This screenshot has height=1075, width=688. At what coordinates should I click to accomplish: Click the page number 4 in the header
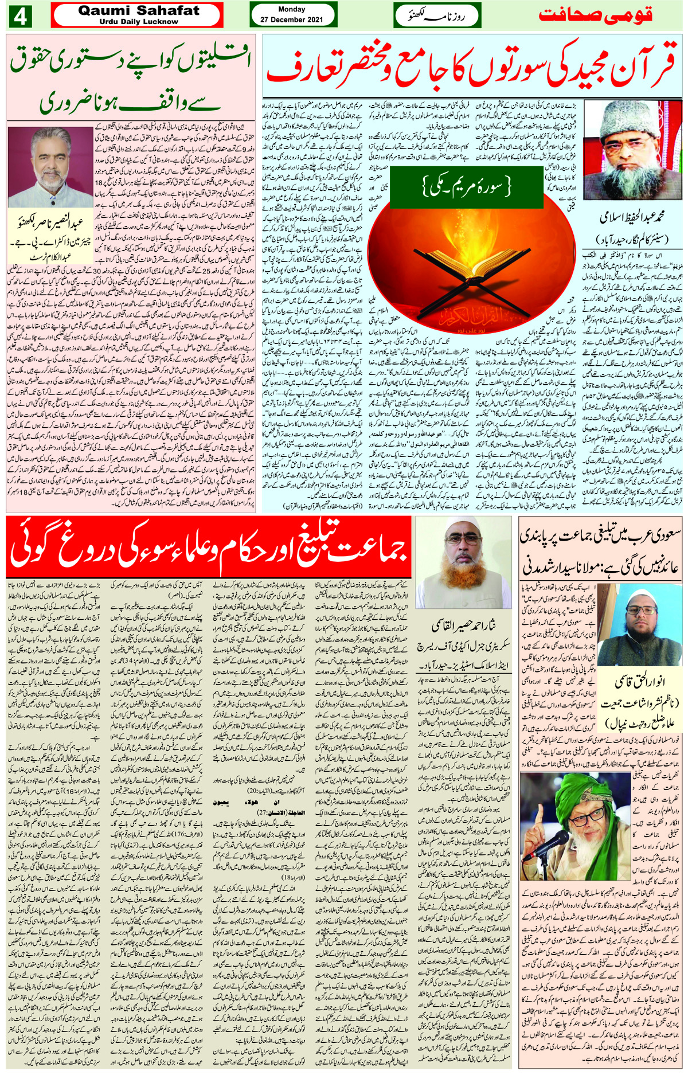pos(20,16)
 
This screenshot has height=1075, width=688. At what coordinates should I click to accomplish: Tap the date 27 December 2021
pos(291,19)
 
